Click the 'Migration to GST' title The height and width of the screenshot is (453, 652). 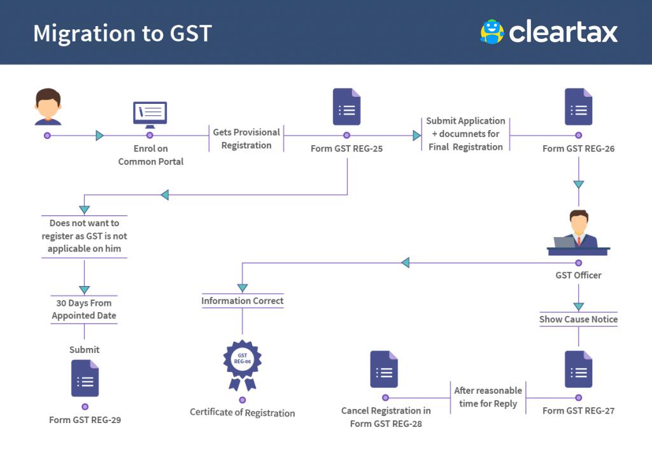pos(122,33)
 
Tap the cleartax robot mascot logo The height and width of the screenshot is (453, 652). pos(492,32)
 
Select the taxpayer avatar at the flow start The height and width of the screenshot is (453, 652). pos(48,107)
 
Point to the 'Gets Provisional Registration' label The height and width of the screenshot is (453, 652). pos(246,139)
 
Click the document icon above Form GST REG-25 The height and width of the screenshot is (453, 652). pos(346,107)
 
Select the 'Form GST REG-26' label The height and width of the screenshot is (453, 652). pos(578,148)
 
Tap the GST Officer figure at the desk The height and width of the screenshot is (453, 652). pos(578,233)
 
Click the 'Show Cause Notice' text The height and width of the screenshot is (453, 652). pos(578,319)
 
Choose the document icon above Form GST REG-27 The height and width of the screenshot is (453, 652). pos(578,369)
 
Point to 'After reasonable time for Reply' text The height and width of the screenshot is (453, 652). pos(488,397)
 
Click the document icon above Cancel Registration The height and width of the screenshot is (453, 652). pos(384,369)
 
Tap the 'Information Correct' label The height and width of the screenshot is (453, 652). pos(243,301)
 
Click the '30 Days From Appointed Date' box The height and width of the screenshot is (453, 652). pos(84,309)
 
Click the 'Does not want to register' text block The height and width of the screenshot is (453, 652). pos(84,236)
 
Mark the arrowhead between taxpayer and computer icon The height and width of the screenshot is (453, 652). pos(99,135)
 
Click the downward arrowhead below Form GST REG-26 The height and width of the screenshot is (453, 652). pos(578,185)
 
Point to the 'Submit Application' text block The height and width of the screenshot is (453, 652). pos(465,134)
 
